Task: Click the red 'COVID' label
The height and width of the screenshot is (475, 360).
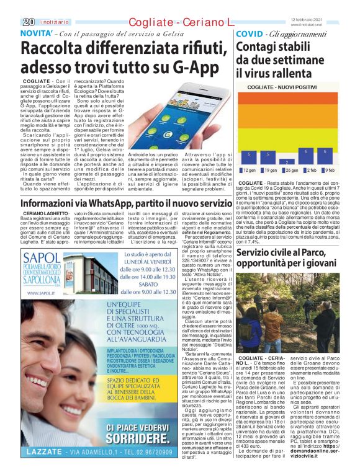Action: click(250, 33)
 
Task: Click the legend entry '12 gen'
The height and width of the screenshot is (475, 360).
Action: click(251, 170)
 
